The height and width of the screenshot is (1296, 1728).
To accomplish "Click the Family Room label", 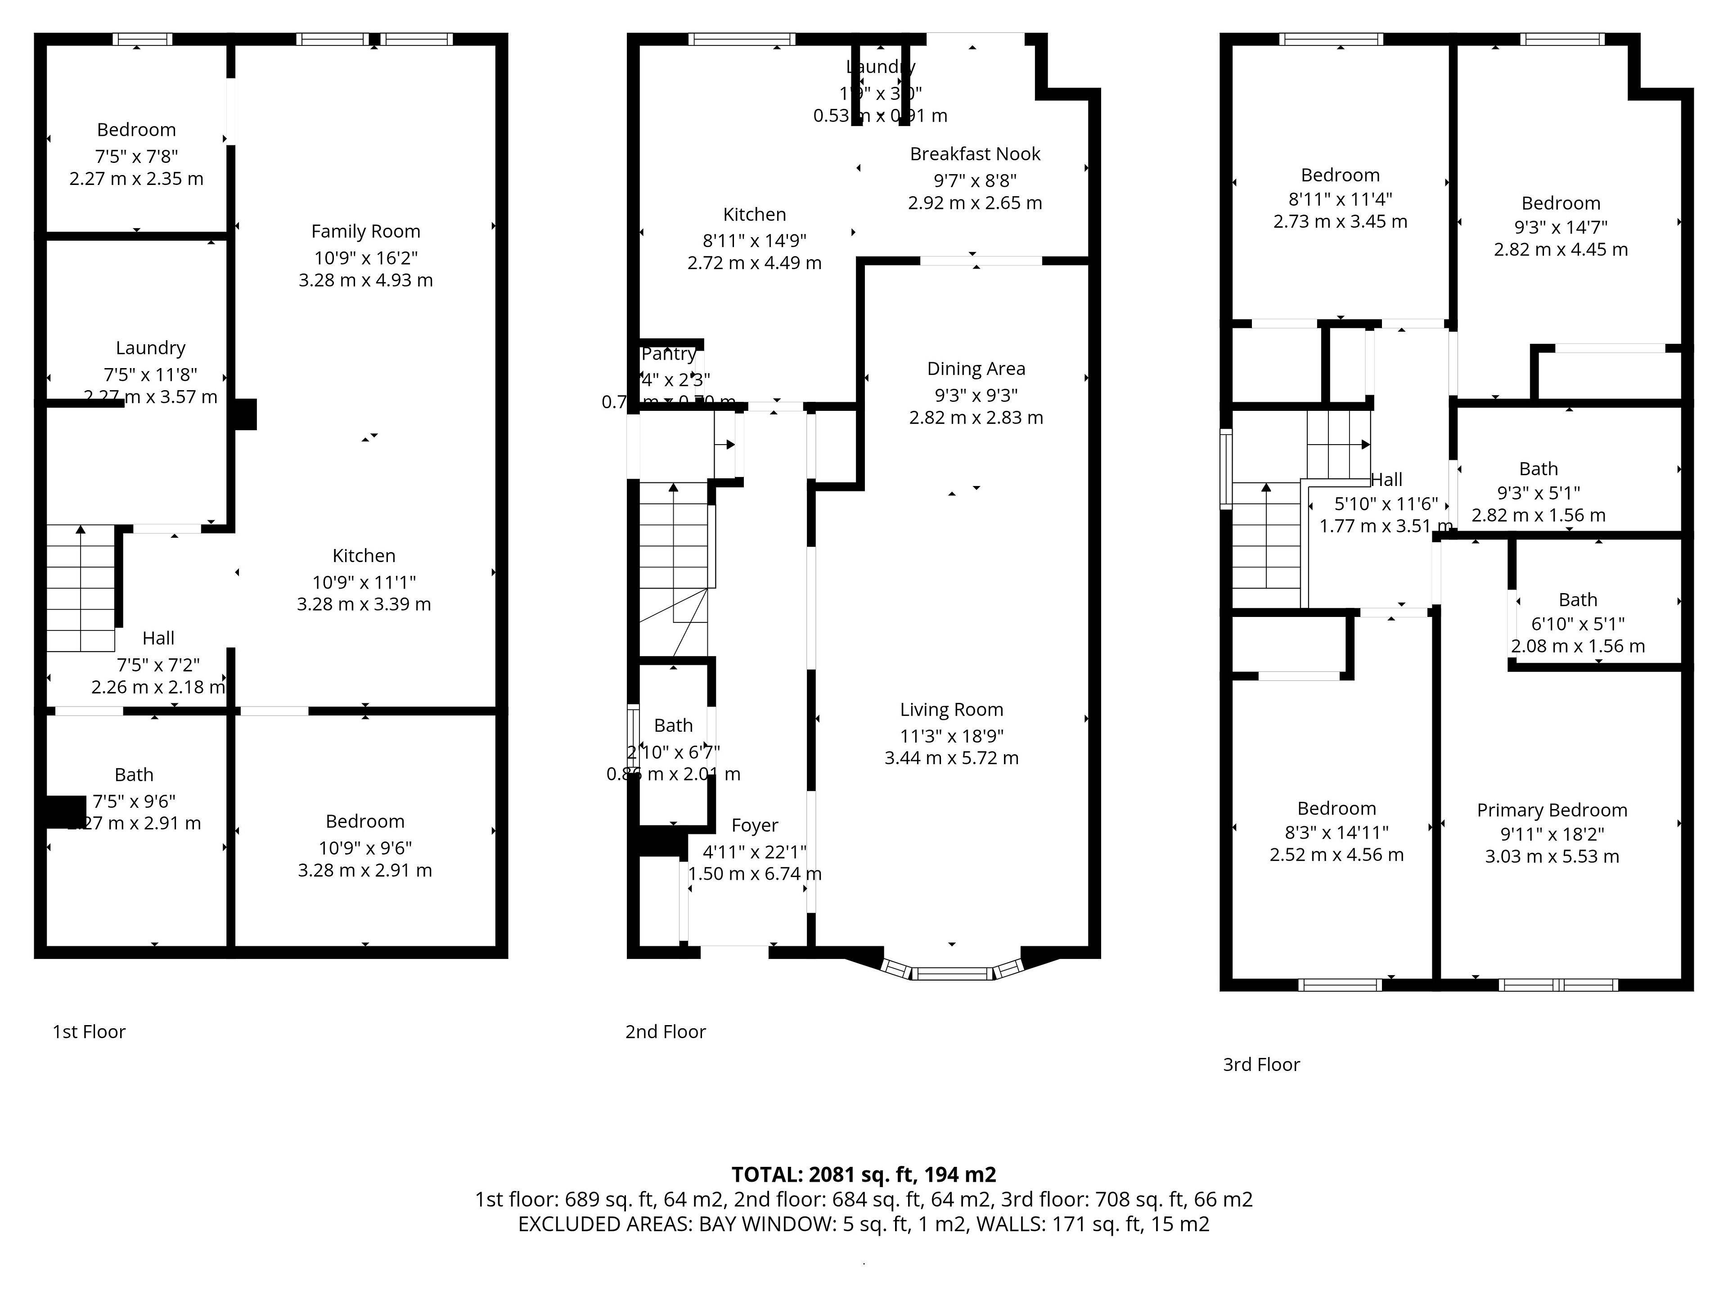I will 365,231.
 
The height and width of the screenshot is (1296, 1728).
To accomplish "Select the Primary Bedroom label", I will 1552,810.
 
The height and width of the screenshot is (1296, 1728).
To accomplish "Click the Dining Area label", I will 976,369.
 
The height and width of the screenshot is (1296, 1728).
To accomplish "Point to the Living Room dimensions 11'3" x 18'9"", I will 951,736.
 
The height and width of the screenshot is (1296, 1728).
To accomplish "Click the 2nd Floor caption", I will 665,1032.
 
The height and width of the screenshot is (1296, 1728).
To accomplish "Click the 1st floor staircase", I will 81,590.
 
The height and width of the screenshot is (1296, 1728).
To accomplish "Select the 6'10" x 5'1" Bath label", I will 1577,600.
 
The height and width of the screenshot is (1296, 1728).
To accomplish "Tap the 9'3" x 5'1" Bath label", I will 1537,469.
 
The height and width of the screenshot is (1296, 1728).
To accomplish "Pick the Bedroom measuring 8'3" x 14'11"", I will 1336,809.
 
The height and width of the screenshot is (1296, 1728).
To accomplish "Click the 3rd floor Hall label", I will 1386,480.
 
